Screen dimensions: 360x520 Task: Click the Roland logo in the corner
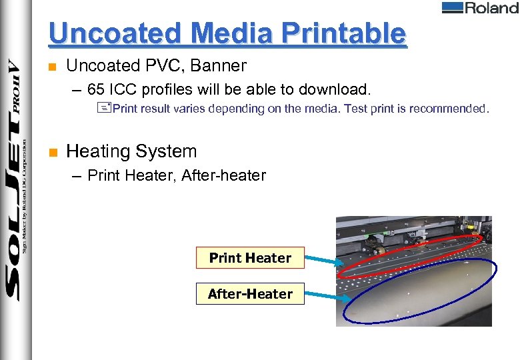coord(479,8)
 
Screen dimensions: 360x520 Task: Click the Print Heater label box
coord(250,258)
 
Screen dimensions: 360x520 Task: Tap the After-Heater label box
coord(250,294)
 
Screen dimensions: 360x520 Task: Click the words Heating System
coord(132,151)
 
